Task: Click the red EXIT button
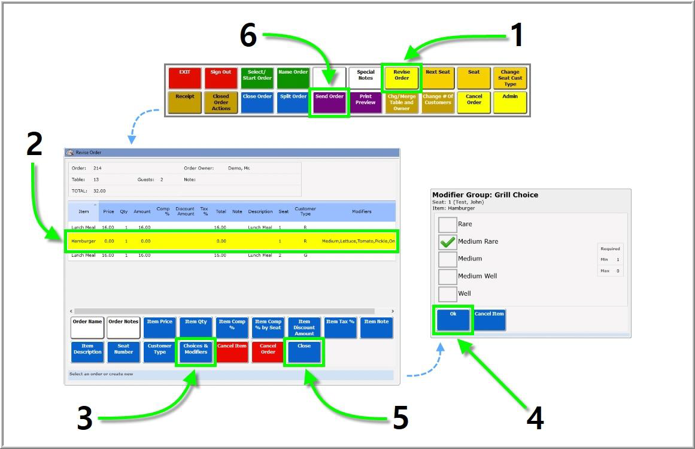(x=185, y=78)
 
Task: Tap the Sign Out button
(x=221, y=78)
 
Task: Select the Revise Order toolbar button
(x=402, y=78)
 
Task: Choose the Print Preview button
(x=366, y=102)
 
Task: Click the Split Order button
(x=293, y=102)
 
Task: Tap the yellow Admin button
(x=510, y=102)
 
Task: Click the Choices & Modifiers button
(x=196, y=352)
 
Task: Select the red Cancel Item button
(x=232, y=352)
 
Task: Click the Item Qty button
(x=196, y=327)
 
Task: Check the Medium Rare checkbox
(x=448, y=242)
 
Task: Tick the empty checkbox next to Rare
(x=448, y=224)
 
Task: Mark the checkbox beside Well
(x=448, y=294)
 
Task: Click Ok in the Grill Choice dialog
(x=453, y=320)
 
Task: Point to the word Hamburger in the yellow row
(x=83, y=241)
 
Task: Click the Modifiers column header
(x=362, y=211)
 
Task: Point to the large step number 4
(x=535, y=418)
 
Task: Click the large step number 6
(x=248, y=36)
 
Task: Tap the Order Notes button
(x=123, y=327)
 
